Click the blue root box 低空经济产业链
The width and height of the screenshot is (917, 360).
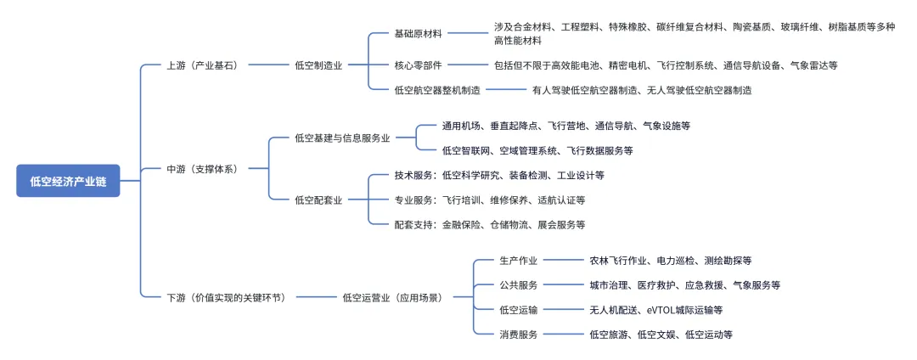click(68, 181)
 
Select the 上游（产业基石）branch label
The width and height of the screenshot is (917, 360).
click(202, 65)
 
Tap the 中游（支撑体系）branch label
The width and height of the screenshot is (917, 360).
click(202, 169)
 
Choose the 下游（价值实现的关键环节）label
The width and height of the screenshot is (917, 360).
click(225, 297)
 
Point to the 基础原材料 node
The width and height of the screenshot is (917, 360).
click(419, 33)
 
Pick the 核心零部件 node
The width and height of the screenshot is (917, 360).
click(419, 65)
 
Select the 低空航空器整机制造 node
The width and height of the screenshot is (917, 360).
click(437, 90)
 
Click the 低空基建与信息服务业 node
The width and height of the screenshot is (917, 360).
click(342, 138)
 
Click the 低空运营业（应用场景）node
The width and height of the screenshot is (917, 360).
click(392, 297)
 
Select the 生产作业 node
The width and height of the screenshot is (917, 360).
click(518, 261)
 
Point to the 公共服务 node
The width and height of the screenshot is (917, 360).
click(518, 285)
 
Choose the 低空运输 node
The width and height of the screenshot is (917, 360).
click(518, 310)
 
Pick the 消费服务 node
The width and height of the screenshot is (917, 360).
click(518, 335)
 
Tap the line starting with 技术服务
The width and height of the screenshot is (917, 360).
click(499, 176)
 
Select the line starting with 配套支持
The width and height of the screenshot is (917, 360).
click(490, 225)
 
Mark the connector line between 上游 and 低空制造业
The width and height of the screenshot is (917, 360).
click(266, 65)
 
